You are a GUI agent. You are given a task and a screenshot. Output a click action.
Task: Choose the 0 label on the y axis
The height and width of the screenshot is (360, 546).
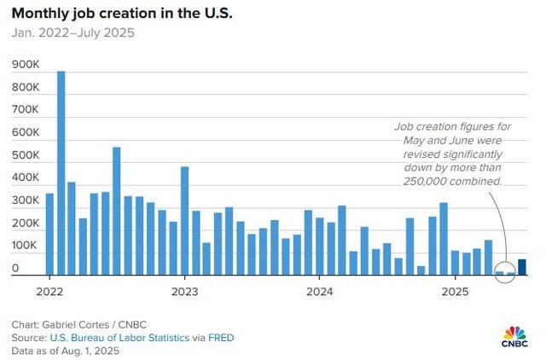(15, 268)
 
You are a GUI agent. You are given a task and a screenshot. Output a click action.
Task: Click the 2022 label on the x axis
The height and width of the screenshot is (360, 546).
(49, 291)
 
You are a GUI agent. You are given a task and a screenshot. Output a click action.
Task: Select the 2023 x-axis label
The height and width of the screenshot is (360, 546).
(184, 291)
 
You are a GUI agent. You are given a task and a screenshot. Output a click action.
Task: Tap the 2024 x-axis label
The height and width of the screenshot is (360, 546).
(319, 291)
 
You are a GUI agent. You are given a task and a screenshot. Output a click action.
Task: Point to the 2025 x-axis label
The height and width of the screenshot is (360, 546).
(455, 291)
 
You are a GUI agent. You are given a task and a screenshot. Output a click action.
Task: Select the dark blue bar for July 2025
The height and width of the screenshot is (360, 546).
(522, 268)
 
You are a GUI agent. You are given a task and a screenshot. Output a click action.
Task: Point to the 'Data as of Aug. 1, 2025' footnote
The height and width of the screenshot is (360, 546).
(64, 350)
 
